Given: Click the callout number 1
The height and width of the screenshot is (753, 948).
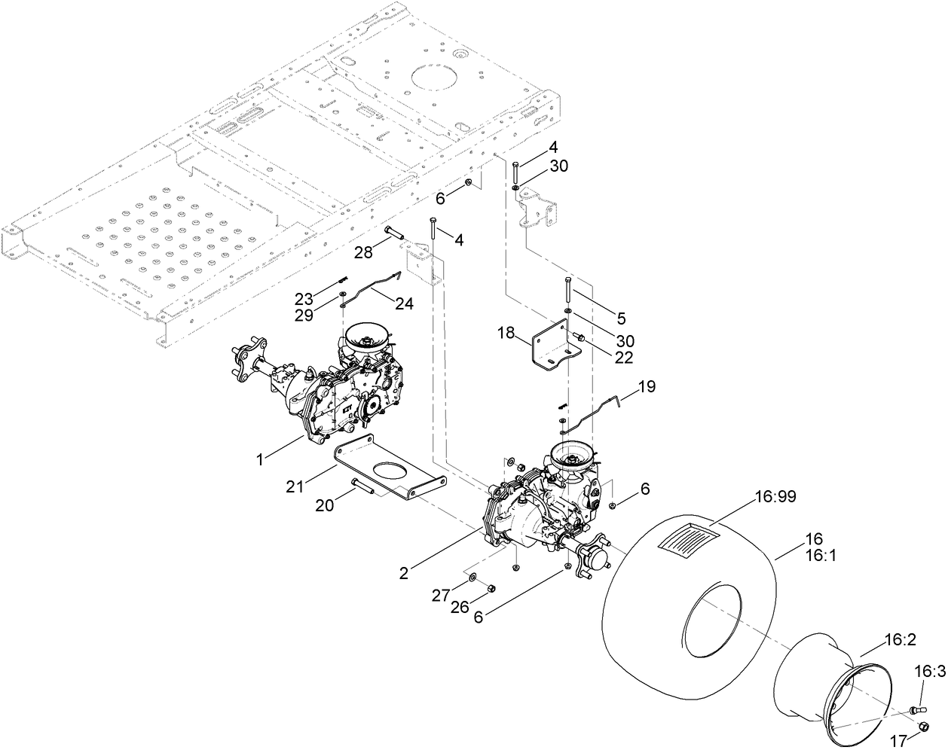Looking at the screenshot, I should (260, 457).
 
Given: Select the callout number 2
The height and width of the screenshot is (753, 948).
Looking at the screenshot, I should (404, 573).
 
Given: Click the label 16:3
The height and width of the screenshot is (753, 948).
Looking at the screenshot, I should (930, 672).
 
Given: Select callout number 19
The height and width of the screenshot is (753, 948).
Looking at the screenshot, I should (647, 387).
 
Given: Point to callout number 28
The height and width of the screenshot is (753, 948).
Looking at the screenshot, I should (364, 253).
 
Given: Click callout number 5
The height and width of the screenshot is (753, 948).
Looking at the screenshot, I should (621, 319).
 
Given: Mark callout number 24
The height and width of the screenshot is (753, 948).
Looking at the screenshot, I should (404, 303).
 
